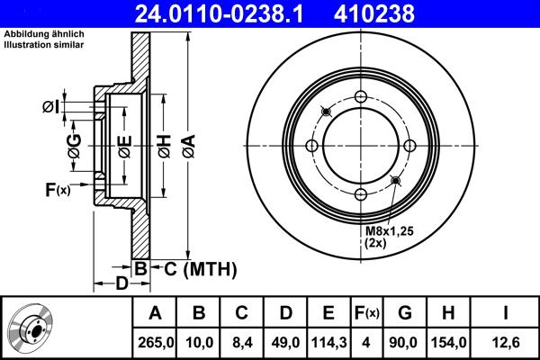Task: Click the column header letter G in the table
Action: (x=405, y=313)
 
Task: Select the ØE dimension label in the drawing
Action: (x=125, y=145)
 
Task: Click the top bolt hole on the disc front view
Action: (x=361, y=98)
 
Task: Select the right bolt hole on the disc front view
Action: (x=409, y=147)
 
